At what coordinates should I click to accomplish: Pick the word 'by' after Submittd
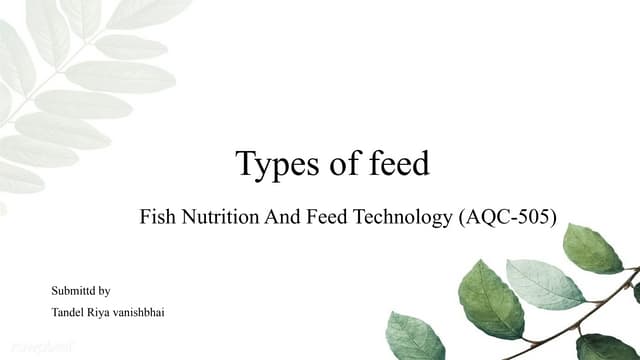(x=105, y=291)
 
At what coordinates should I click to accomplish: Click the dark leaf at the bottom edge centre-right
(x=414, y=337)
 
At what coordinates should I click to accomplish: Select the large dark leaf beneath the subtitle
(x=489, y=299)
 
